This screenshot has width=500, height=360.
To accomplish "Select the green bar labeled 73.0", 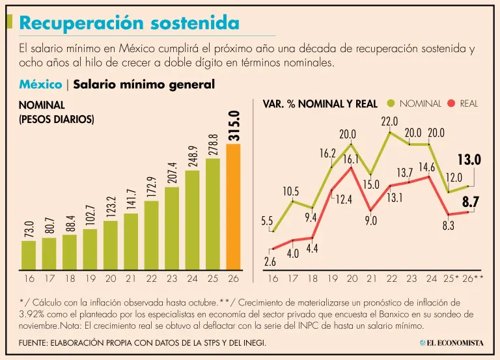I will coord(29,255).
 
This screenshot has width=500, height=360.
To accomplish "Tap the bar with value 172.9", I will coord(151,235).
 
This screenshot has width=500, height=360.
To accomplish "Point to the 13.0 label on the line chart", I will coord(469,159).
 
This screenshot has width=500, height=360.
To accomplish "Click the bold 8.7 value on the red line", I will coord(471,202).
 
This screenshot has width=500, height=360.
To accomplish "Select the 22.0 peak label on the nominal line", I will coord(389,121).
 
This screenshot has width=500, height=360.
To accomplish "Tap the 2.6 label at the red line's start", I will coord(270,262).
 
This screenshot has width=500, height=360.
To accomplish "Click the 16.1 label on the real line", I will coord(351,159).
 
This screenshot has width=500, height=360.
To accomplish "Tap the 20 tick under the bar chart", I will coord(110,278).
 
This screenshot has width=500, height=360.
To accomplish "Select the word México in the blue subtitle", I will coord(40,84).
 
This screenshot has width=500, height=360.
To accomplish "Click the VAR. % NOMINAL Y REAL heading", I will coord(320,104).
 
